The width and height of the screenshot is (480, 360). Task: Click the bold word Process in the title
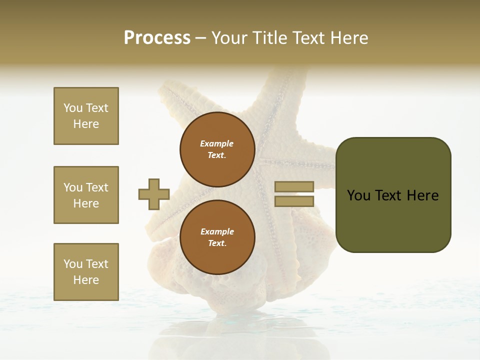tap(157, 38)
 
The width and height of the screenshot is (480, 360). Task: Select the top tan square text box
tap(86, 116)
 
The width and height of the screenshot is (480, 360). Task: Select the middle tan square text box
tap(86, 195)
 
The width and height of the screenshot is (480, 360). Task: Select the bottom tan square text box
tap(86, 272)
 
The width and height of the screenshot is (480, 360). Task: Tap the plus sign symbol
tap(154, 194)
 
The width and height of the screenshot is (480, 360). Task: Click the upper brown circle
tap(217, 149)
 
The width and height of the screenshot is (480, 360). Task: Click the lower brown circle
tap(217, 237)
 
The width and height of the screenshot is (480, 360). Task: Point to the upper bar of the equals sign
tap(294, 186)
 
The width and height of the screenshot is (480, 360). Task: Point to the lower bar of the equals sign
tap(294, 201)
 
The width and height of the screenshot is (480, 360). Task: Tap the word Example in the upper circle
tap(217, 143)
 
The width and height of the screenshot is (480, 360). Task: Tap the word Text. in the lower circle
tap(217, 243)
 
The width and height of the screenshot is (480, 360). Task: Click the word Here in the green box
tap(422, 195)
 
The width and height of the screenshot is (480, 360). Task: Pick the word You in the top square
tap(72, 108)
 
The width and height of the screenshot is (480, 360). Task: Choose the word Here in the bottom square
tap(86, 280)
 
